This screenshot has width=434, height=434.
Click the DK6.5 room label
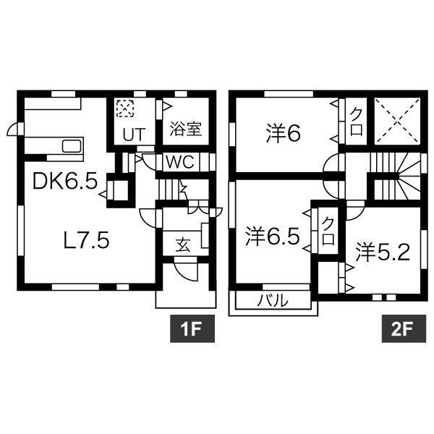tap(65, 181)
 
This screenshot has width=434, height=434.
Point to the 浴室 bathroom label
tap(186, 129)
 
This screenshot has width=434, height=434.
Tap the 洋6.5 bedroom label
tap(271, 236)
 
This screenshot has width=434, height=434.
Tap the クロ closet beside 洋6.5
tap(328, 231)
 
